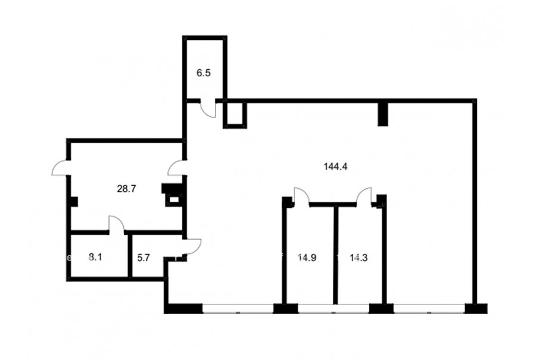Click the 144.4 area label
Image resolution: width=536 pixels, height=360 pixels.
point(335,167)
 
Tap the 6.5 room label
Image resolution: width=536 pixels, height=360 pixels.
point(204,73)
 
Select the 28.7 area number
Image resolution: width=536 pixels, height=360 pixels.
point(126,188)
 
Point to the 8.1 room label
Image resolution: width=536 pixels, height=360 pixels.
point(95,257)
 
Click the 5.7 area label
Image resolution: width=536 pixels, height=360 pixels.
point(144,257)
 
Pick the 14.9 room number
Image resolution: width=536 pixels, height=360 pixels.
point(307,257)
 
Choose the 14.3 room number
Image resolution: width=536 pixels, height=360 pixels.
point(359,257)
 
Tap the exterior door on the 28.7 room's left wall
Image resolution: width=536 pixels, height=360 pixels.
point(61,168)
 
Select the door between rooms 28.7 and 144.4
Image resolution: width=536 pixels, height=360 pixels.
point(177,167)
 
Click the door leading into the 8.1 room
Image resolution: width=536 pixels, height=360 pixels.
point(117,224)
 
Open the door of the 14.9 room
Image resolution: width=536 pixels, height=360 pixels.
point(301,197)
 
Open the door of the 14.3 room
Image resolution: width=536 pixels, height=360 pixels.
point(364,197)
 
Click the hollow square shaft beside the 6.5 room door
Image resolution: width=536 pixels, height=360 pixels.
point(235,114)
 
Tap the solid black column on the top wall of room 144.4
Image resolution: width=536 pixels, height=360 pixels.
point(383,113)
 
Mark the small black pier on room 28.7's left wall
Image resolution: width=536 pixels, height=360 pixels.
point(73,201)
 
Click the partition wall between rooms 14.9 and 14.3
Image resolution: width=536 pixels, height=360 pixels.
point(336,255)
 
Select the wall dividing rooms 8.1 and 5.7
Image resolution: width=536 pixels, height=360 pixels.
point(130,256)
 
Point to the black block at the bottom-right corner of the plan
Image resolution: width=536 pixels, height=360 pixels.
point(476,308)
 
